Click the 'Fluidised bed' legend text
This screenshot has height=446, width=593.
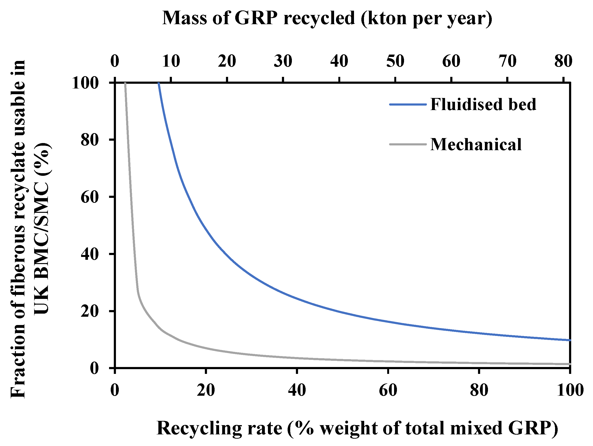click(483, 104)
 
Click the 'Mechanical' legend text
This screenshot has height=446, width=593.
click(476, 144)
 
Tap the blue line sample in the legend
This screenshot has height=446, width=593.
click(408, 104)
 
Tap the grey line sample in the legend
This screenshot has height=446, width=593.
click(408, 144)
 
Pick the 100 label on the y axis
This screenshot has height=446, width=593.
click(85, 83)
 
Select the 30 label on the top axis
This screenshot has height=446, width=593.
click(283, 61)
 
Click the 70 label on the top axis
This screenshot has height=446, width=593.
click(507, 61)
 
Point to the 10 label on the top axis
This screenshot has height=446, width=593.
click(171, 61)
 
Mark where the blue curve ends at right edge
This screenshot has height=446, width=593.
click(570, 340)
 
